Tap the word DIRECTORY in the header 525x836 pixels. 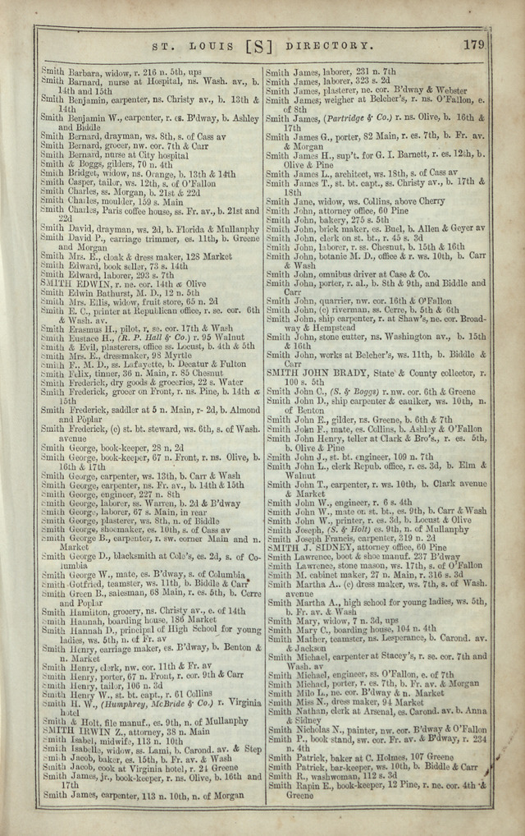tap(330, 46)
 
